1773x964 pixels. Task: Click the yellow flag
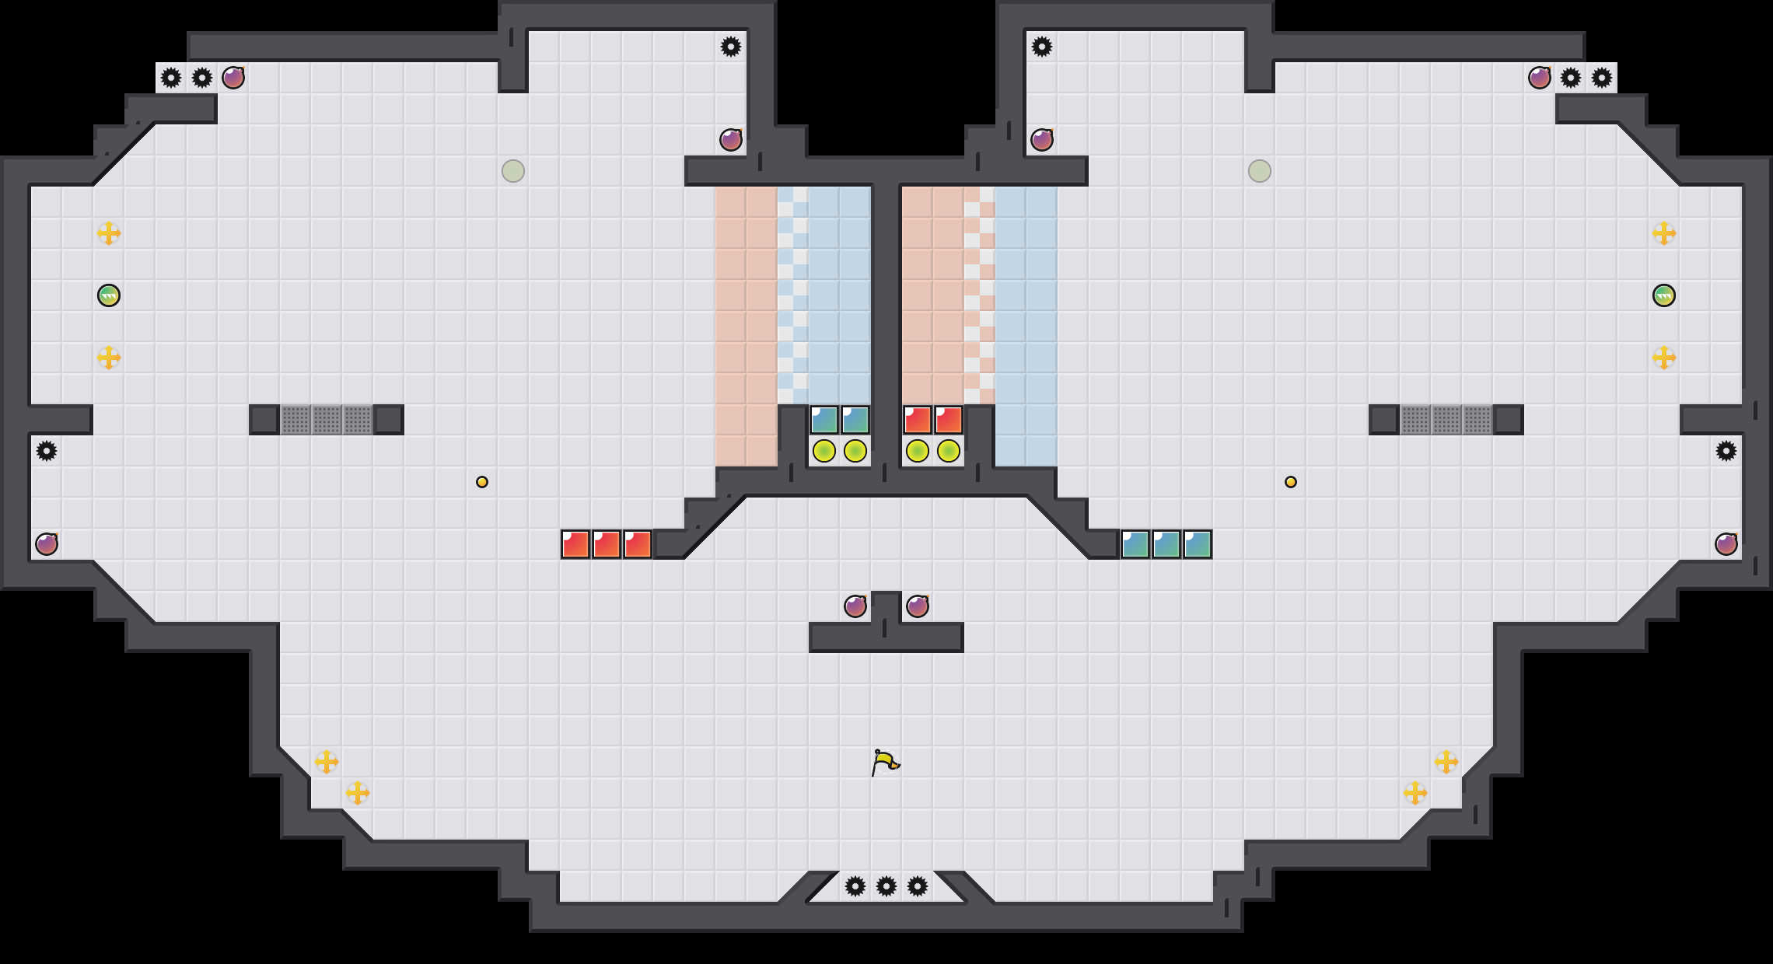(x=885, y=762)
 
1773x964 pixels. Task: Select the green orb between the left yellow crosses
(x=109, y=295)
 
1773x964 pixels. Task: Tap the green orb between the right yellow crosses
(x=1663, y=295)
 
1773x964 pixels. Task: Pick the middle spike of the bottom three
(x=886, y=886)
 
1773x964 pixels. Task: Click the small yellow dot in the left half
(x=482, y=482)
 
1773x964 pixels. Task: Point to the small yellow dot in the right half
(x=1291, y=482)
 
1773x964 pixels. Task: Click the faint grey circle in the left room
(x=513, y=171)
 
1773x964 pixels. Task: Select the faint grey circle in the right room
(x=1260, y=171)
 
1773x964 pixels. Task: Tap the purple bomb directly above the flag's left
(x=855, y=606)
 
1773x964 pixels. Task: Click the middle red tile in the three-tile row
(x=607, y=544)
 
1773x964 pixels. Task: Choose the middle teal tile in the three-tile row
(x=1166, y=544)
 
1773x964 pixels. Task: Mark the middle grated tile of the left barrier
(x=327, y=420)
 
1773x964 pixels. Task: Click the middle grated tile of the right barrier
(x=1446, y=420)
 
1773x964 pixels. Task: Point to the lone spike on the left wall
(x=47, y=451)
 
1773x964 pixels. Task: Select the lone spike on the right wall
(x=1726, y=451)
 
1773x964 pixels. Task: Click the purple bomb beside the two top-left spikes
(x=233, y=78)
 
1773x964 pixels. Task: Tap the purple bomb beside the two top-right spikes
(x=1540, y=78)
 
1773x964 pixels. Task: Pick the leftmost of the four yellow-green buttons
(x=824, y=451)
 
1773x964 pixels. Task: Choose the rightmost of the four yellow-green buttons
(x=949, y=451)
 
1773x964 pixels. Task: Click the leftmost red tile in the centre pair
(x=918, y=420)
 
